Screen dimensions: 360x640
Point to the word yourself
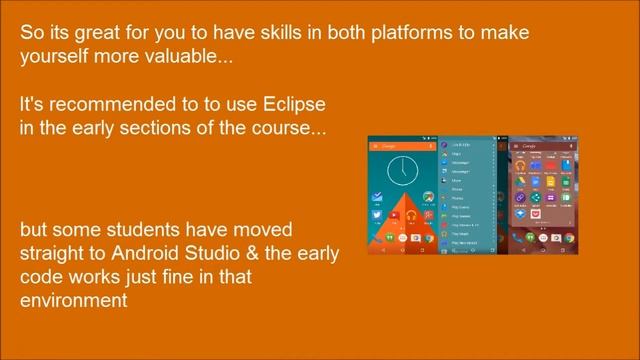pos(56,57)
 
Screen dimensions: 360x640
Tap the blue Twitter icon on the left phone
pos(377,215)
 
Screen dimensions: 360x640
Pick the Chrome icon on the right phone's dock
pos(569,238)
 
